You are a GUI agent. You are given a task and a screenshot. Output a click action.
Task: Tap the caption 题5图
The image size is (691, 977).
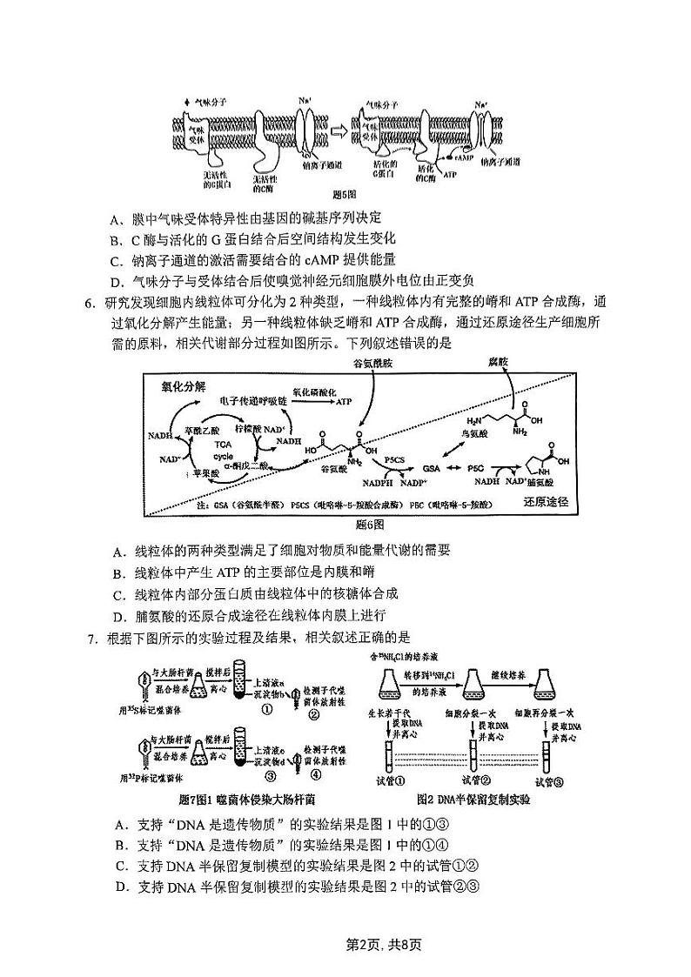(345, 194)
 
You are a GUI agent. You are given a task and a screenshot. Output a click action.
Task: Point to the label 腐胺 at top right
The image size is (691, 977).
(497, 361)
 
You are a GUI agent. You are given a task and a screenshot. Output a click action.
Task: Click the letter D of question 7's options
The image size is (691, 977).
(119, 887)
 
